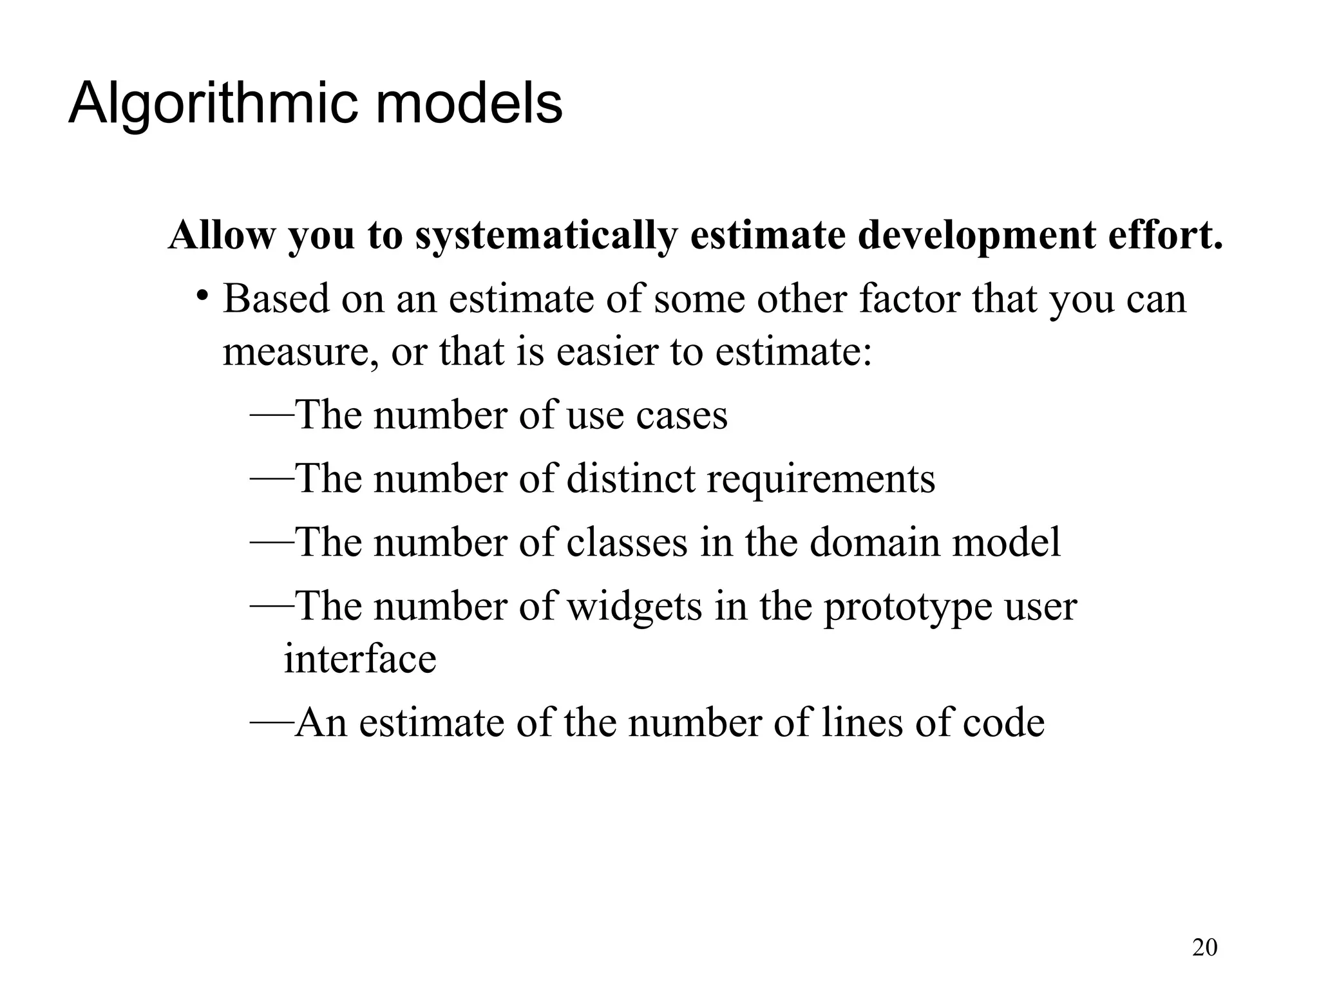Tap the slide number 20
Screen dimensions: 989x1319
(x=1204, y=948)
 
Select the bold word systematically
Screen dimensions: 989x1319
(x=546, y=236)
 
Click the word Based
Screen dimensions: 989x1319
(x=276, y=299)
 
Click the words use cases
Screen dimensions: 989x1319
(x=647, y=416)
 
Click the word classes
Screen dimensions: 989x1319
(x=627, y=543)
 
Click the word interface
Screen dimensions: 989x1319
(x=360, y=659)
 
